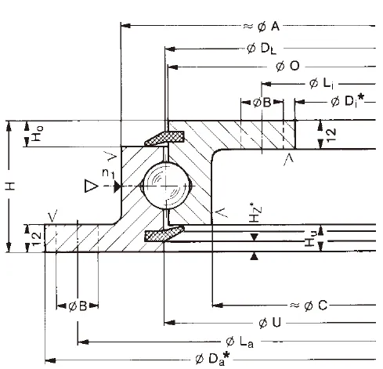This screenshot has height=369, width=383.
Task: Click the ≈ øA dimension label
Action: coord(262,27)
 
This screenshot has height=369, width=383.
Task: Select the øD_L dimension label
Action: coord(259,49)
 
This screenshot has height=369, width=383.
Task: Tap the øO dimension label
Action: coord(287,66)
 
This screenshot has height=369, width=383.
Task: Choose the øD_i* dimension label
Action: coord(345,102)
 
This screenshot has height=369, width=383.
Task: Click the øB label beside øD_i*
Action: coord(262,103)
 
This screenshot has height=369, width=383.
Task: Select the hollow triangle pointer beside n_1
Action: coord(92,186)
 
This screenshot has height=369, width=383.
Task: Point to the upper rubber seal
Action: coord(163,138)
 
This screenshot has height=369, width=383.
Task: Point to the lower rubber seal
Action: coord(163,234)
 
